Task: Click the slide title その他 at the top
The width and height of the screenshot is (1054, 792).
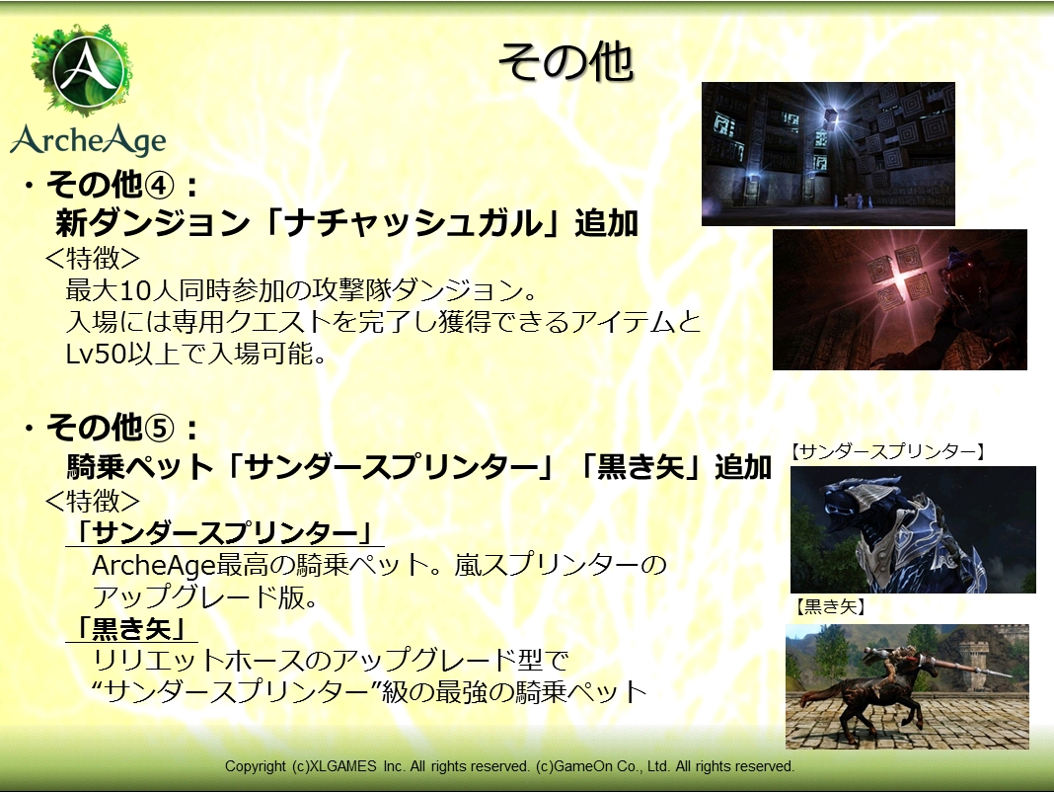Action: coord(565,62)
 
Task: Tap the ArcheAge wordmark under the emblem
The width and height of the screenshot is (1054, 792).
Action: coord(88,140)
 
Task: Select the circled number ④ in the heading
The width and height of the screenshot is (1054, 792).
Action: coord(159,185)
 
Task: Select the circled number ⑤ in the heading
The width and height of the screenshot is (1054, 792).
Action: coord(159,428)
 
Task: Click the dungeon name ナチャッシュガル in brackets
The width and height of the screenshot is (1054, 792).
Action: coord(413,223)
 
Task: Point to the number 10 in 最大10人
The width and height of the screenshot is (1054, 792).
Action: coord(133,290)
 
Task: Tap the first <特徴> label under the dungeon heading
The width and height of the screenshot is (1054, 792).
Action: coord(92,258)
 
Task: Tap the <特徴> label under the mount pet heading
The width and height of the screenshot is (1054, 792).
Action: coord(92,501)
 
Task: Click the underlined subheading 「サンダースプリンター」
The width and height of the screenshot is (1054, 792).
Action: coord(224,533)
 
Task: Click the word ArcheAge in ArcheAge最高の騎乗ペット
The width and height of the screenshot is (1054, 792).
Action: coord(153,566)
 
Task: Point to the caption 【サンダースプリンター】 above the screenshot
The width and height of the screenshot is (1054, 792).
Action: coord(887,451)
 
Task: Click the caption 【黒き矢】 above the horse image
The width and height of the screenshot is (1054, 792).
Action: coord(830,606)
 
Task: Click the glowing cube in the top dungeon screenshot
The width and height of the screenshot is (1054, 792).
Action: coord(832,117)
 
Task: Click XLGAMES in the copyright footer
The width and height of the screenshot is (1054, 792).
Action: coord(342,765)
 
